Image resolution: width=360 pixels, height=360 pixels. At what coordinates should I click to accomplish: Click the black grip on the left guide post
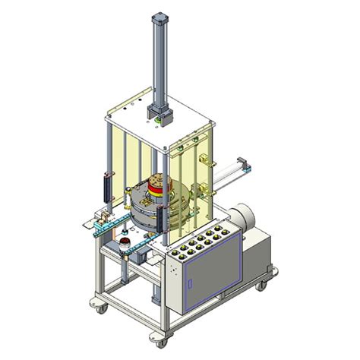click(107, 185)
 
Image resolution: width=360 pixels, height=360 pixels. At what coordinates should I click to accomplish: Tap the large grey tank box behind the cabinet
click(254, 251)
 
